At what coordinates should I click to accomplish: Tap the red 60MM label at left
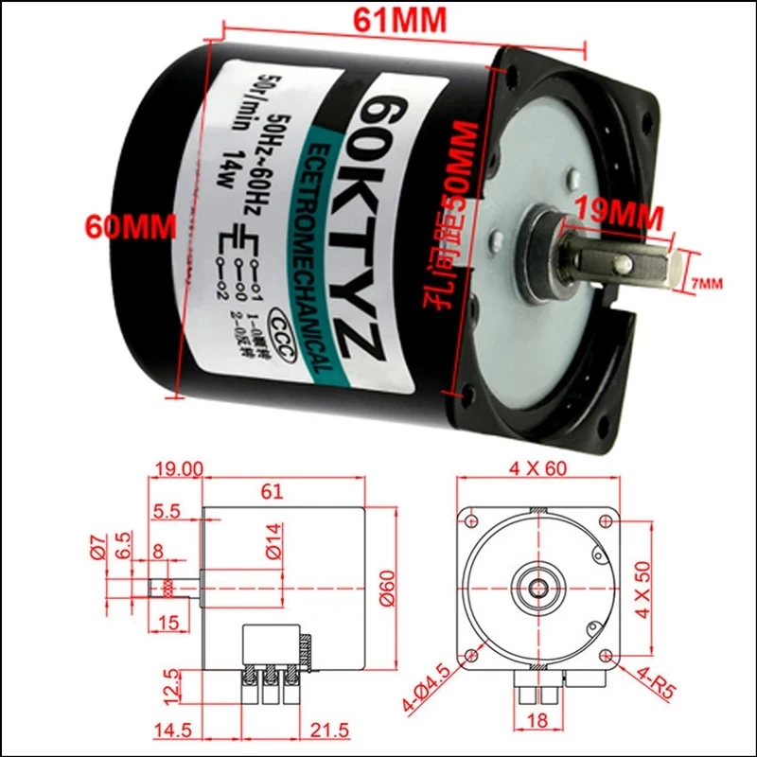click(x=118, y=226)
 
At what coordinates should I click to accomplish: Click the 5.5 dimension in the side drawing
click(x=167, y=512)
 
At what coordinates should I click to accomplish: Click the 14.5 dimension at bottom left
click(x=172, y=732)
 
